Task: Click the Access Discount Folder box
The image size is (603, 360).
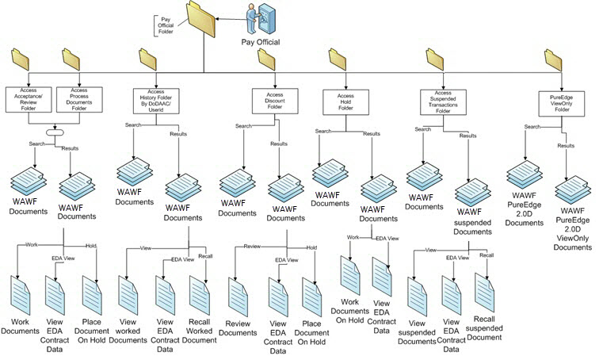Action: coord(274,101)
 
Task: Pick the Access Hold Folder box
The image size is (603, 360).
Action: coord(343,102)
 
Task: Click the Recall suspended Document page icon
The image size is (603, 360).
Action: coord(485,292)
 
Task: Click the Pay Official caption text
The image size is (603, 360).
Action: coord(261,42)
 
